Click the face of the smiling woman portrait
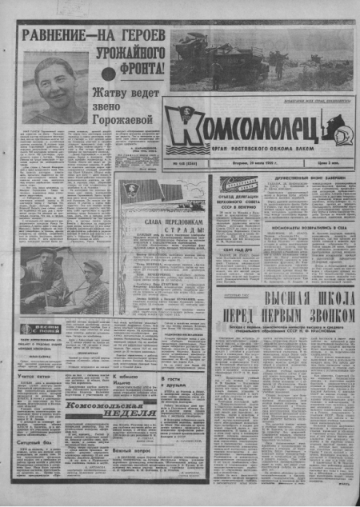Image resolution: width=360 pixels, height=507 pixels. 54,81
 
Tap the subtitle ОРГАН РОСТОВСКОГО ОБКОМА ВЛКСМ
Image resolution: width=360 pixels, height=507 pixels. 264,148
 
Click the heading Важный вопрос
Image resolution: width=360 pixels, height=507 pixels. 133,452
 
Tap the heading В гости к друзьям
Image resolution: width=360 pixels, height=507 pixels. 174,383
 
